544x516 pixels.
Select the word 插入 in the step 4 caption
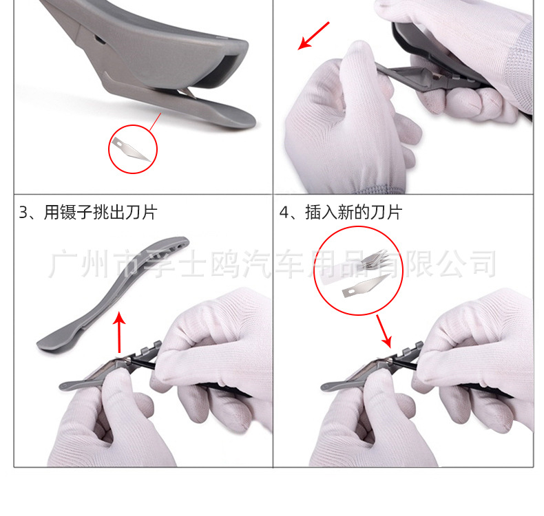[324, 213]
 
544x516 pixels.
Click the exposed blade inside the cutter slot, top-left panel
[185, 95]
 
